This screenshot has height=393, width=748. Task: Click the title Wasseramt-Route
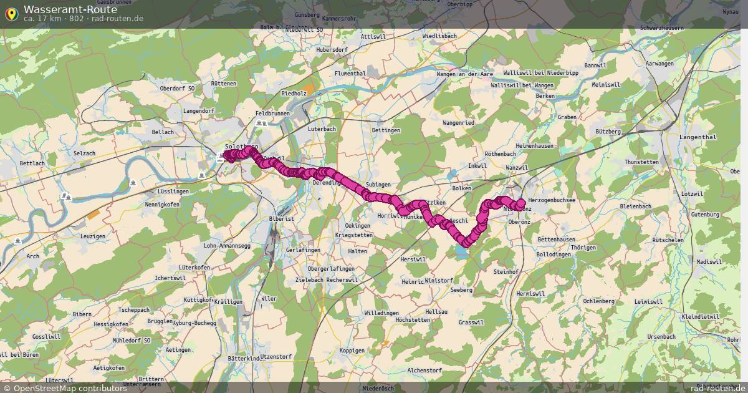70,9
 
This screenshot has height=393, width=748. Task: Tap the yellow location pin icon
11,13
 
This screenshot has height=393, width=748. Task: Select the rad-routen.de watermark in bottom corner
717,388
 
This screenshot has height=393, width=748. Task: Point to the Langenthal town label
698,137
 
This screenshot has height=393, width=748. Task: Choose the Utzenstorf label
276,356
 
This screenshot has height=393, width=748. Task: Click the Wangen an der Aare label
465,74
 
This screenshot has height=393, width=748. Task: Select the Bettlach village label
32,163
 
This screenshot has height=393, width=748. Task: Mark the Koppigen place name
352,351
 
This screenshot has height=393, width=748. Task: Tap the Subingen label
378,185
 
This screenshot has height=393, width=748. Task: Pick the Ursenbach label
661,336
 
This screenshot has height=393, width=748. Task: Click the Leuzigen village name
93,236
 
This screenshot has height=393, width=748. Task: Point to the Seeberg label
461,290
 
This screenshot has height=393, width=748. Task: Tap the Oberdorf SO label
177,89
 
